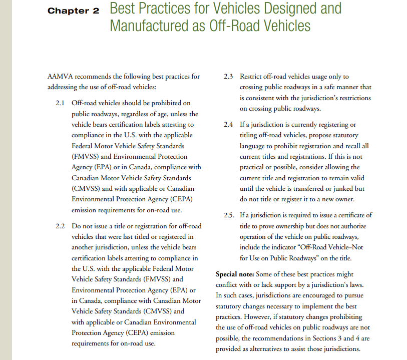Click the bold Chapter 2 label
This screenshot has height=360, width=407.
click(x=74, y=11)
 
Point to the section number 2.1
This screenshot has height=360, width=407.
click(x=61, y=103)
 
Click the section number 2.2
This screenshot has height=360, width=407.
click(x=61, y=226)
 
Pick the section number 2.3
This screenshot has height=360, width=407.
click(x=229, y=77)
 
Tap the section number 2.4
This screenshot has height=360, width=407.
click(x=229, y=125)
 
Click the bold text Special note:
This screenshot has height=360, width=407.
click(x=234, y=274)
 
